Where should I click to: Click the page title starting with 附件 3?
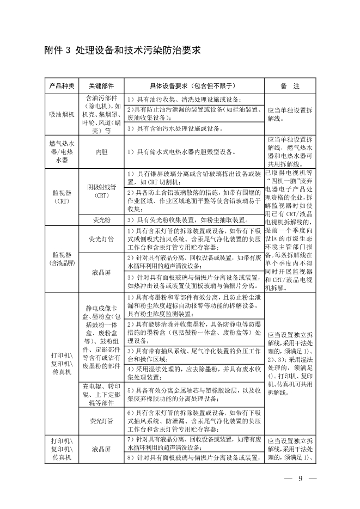click(x=122, y=51)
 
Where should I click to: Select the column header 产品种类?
click(x=62, y=87)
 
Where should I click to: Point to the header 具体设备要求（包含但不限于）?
click(x=194, y=87)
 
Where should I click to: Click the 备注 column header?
click(x=290, y=87)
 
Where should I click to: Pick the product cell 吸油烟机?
click(x=62, y=114)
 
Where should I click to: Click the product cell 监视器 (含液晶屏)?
click(x=62, y=259)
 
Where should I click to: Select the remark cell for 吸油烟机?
click(x=290, y=114)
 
